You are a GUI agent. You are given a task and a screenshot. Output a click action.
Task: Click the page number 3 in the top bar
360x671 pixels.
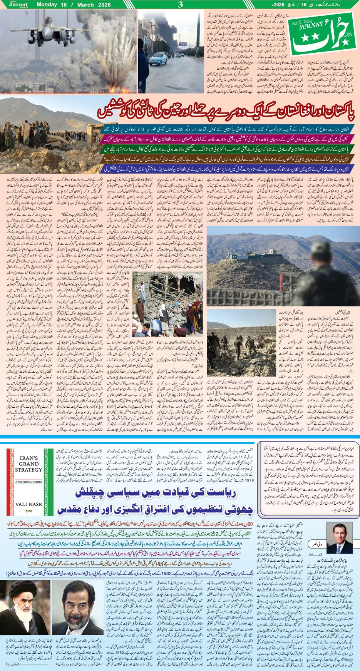[180, 5]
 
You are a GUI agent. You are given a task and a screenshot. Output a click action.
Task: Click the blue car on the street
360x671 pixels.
[158, 59]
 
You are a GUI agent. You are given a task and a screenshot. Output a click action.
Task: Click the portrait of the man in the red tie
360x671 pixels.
[339, 538]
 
